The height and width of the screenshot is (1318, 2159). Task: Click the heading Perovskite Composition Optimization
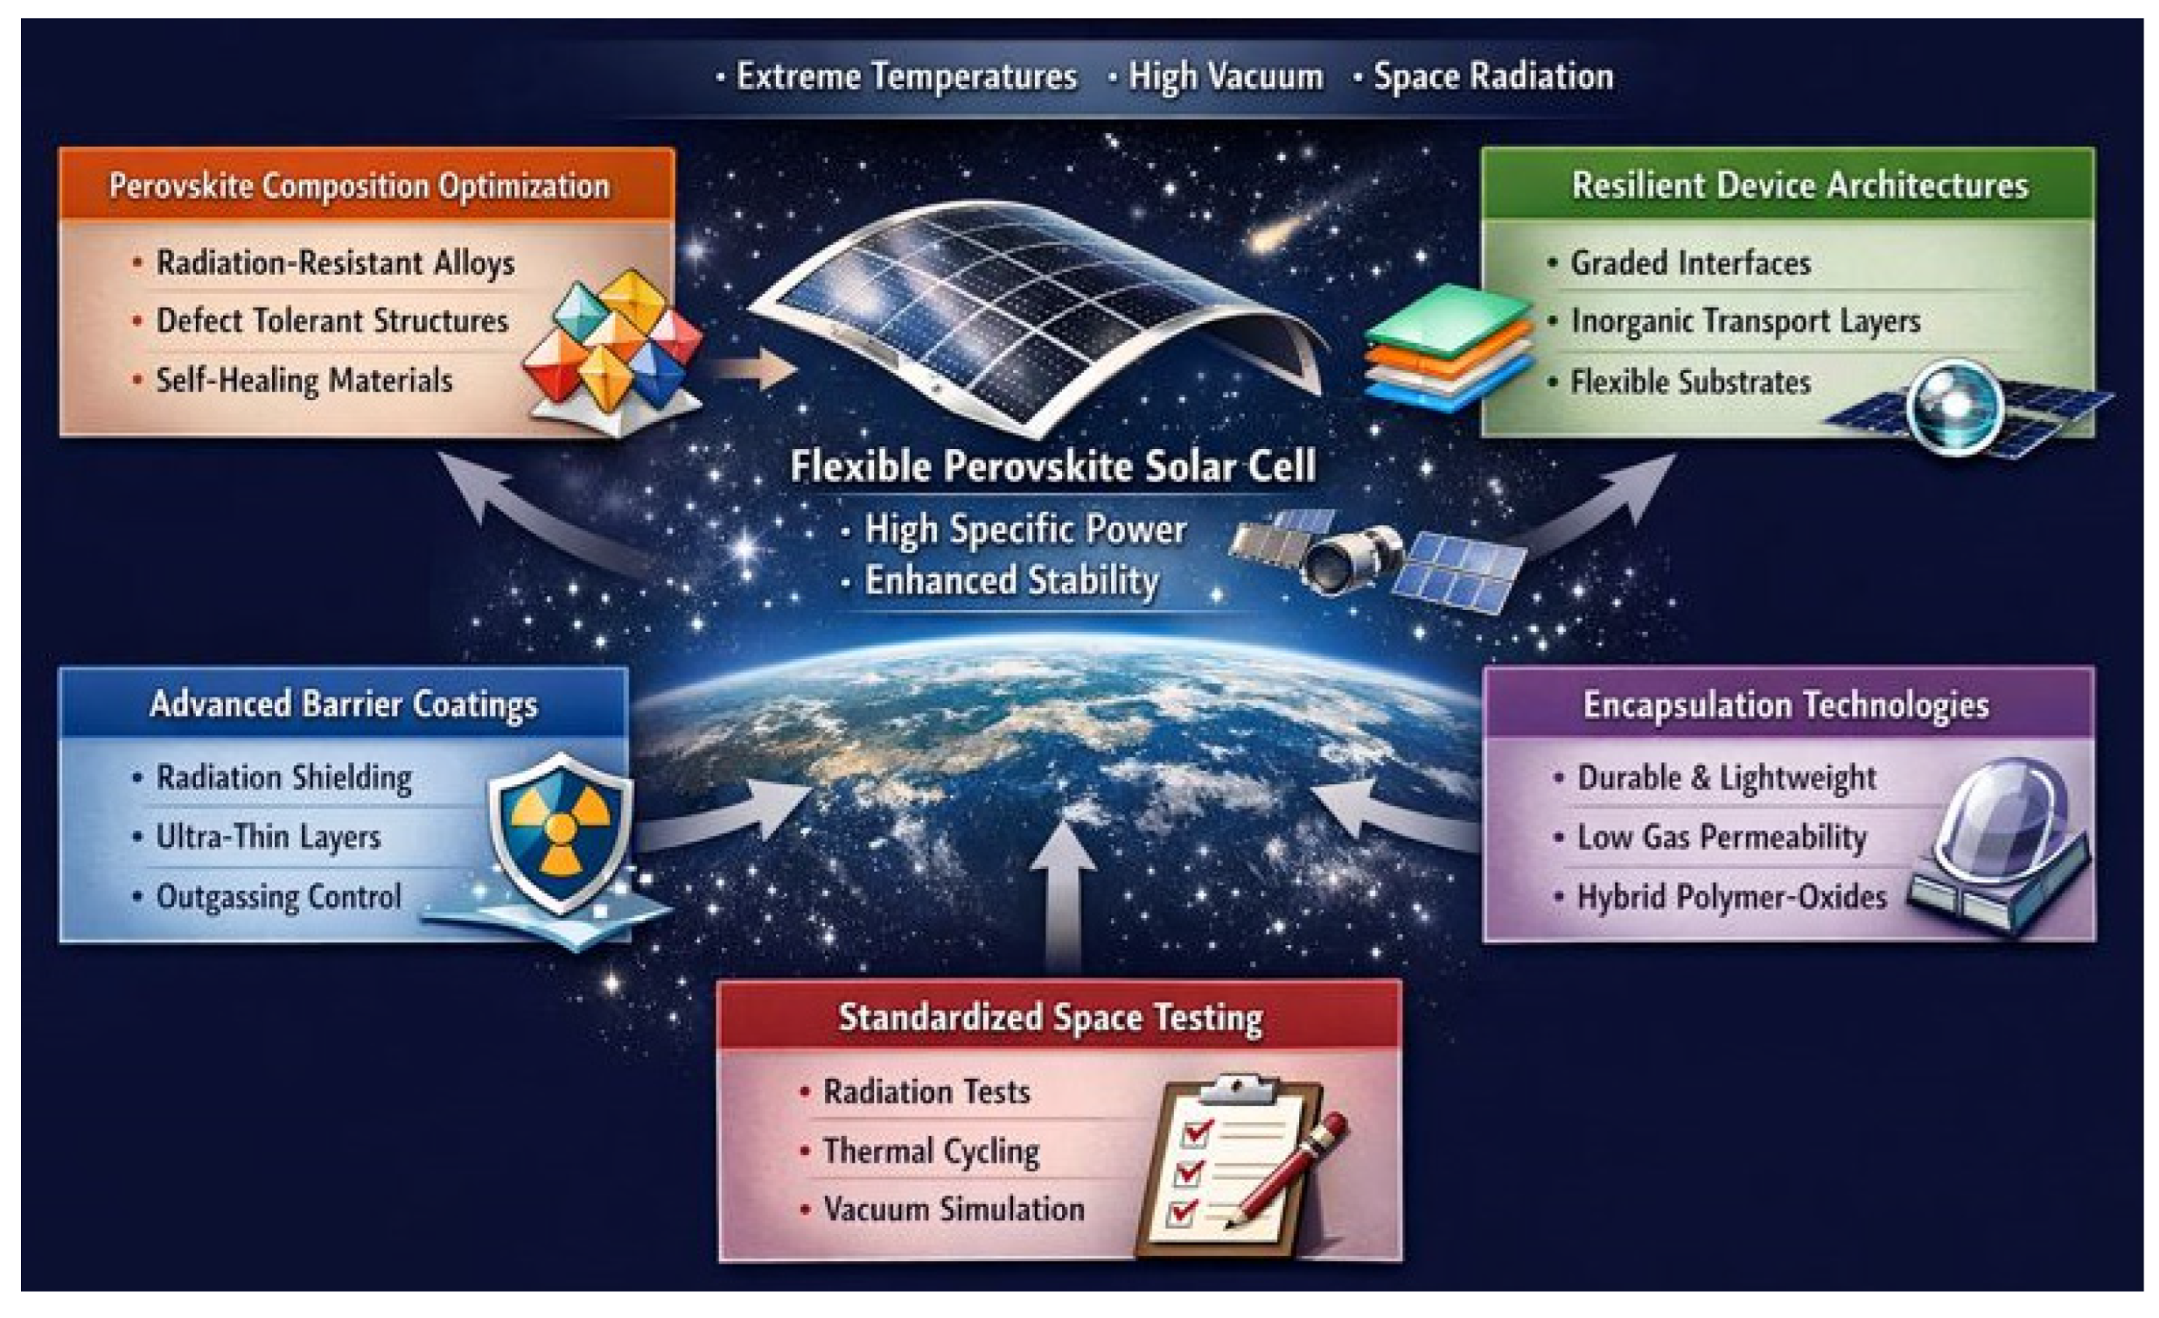point(358,186)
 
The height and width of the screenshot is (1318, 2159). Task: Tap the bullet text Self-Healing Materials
point(304,380)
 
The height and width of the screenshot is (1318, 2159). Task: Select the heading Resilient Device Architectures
point(1800,185)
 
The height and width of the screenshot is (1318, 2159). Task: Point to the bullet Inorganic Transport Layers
point(1746,322)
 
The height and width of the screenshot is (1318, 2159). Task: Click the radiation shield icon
point(561,832)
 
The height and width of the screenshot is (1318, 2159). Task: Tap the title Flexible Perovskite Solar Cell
point(1053,465)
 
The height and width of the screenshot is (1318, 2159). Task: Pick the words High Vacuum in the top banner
point(1225,76)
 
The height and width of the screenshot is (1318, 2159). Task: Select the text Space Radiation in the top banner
point(1493,76)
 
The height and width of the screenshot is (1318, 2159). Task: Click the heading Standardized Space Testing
point(1050,1017)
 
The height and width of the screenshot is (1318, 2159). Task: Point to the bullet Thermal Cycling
point(931,1151)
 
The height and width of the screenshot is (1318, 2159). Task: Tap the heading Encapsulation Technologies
point(1786,705)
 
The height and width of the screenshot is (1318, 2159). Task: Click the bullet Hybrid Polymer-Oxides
point(1732,897)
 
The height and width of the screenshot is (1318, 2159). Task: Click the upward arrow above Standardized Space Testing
point(1063,894)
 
